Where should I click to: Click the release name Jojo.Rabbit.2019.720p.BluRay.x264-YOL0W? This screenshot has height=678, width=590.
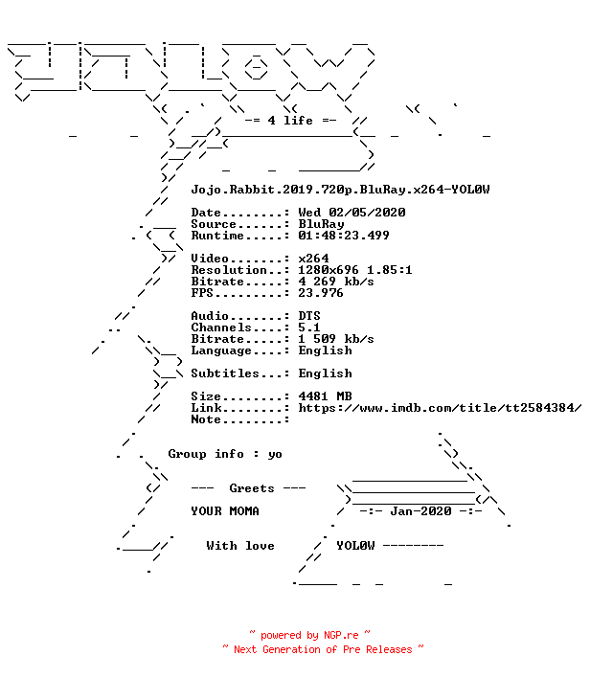[340, 190]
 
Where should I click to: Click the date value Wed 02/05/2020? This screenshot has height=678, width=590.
[352, 213]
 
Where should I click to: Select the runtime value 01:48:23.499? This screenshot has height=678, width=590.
[344, 236]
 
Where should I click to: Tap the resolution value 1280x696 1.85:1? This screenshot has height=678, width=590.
[355, 270]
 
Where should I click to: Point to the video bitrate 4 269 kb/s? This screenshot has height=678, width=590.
[336, 282]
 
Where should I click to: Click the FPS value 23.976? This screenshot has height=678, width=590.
[321, 293]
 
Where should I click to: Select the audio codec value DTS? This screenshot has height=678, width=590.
[309, 316]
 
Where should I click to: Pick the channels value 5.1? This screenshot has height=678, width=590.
[309, 328]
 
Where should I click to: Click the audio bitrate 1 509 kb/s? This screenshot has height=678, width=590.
[336, 339]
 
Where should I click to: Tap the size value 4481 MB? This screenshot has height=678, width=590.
[326, 396]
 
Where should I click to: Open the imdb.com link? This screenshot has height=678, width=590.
[440, 408]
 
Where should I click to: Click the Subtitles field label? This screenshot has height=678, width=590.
[225, 373]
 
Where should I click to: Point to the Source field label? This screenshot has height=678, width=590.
[214, 224]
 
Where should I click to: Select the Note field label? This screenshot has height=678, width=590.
[206, 419]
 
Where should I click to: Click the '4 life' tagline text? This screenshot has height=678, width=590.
[290, 121]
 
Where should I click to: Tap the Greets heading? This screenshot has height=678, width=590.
[252, 488]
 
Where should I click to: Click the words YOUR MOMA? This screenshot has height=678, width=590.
[225, 511]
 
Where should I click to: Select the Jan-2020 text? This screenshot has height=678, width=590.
[420, 511]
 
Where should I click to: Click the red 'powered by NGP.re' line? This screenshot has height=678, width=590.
[309, 635]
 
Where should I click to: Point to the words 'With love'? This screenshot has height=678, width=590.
[240, 546]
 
